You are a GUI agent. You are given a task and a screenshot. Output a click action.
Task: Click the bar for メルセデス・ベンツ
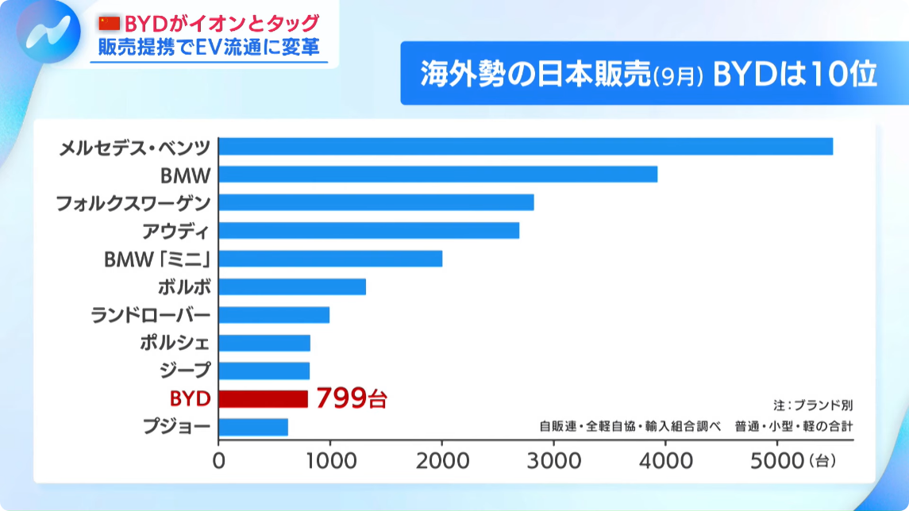click(526, 146)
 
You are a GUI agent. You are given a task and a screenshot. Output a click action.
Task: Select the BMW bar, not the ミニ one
click(437, 175)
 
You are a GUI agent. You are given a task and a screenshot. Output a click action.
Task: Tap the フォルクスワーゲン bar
click(376, 202)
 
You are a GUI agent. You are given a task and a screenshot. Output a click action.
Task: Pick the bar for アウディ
click(368, 230)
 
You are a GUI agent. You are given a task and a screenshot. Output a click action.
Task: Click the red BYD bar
click(263, 398)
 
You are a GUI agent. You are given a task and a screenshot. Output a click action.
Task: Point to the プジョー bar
click(253, 427)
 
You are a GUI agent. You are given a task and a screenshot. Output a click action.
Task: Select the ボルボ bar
click(292, 286)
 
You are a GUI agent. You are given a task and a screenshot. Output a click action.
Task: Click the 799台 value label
click(351, 398)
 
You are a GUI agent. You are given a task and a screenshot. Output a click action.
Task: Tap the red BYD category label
click(190, 398)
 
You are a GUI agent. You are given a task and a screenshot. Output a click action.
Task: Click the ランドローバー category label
click(151, 315)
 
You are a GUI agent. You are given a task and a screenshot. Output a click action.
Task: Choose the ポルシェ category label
click(175, 343)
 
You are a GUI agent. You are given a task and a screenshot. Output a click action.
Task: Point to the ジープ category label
click(186, 371)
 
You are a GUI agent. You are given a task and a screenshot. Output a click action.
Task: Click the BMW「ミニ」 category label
click(158, 259)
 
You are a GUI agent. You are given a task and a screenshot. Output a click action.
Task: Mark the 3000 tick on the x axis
click(553, 459)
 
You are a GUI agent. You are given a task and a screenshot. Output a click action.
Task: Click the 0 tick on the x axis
click(219, 459)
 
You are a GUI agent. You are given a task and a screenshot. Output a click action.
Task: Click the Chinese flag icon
click(109, 24)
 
